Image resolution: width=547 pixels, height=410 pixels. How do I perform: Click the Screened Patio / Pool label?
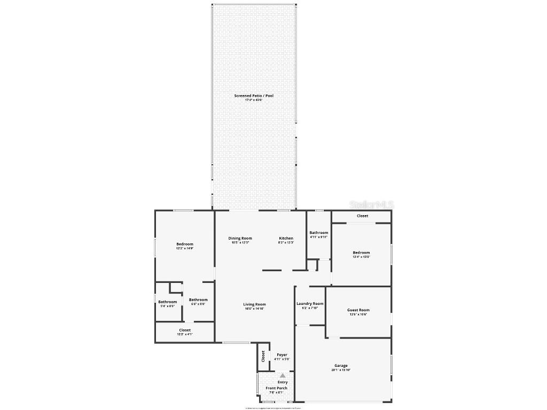(x=254, y=96)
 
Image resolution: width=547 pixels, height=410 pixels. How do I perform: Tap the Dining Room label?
(x=240, y=238)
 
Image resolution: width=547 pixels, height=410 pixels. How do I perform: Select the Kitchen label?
(x=286, y=238)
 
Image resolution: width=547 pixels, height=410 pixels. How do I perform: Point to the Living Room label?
(x=254, y=304)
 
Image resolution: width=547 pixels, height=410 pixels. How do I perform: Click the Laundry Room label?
(x=310, y=303)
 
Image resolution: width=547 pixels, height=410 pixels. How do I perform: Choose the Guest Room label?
(x=358, y=310)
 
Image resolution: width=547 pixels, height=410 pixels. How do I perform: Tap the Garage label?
(x=341, y=366)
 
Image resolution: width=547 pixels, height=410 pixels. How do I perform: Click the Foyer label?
(x=282, y=354)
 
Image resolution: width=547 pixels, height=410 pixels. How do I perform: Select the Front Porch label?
(x=277, y=388)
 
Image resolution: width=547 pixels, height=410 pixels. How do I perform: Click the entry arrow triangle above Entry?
(x=283, y=376)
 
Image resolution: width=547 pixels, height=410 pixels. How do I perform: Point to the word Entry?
(x=283, y=382)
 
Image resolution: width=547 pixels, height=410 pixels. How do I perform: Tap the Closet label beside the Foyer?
(x=263, y=356)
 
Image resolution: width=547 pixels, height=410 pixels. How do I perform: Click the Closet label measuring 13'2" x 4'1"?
(x=185, y=330)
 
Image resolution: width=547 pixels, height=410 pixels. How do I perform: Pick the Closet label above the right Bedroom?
(x=362, y=216)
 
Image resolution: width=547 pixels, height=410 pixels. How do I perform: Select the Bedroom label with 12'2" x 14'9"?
(x=185, y=244)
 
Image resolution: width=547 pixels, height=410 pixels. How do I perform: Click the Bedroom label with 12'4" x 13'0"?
(x=361, y=253)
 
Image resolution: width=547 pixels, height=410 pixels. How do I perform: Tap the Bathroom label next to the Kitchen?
(x=319, y=233)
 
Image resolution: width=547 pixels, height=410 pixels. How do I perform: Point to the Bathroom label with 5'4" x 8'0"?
(x=167, y=302)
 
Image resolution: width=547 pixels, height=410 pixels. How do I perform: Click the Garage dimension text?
(x=341, y=370)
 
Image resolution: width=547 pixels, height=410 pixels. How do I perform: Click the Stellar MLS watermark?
(x=371, y=204)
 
